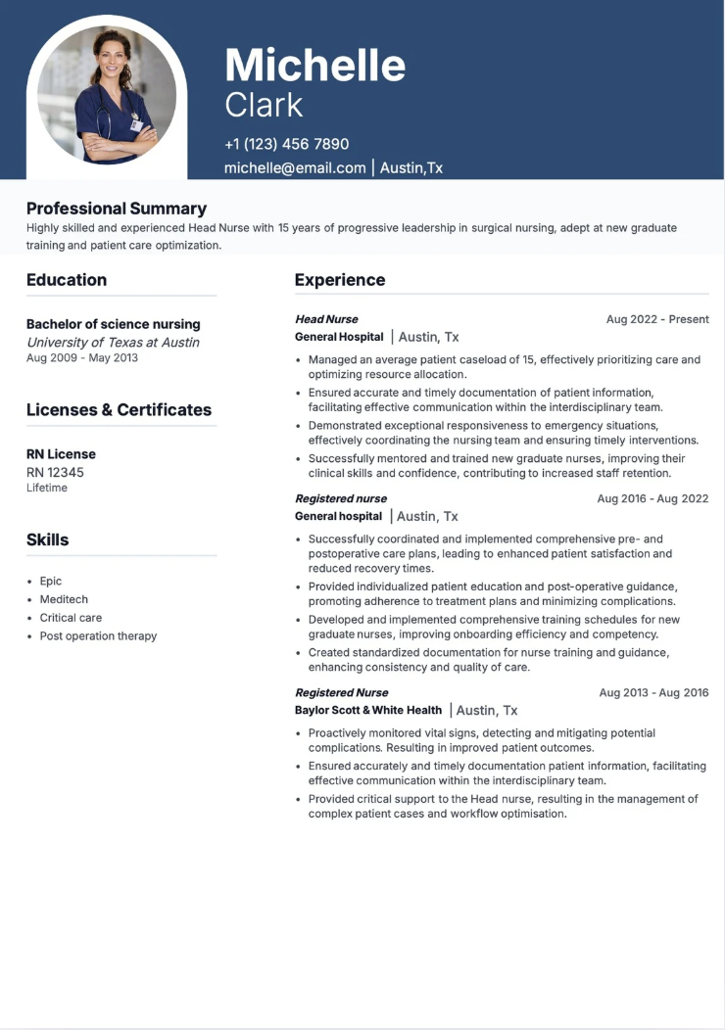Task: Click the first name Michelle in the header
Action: coord(314,66)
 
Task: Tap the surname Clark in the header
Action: coord(264,105)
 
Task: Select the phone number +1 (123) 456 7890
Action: coord(286,144)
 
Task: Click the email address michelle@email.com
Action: coord(295,167)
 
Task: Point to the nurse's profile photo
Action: coord(107,95)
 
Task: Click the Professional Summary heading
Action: coord(117,209)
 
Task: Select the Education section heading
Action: coord(67,280)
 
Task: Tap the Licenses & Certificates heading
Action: coord(119,410)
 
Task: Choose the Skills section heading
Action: coord(48,539)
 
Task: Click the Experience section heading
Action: coord(340,280)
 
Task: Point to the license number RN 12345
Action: coord(55,472)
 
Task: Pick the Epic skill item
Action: coord(51,581)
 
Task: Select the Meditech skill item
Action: coord(64,599)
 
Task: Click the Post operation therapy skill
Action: coord(98,635)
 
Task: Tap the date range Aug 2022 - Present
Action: coord(657,319)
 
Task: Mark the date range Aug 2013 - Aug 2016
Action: coord(653,692)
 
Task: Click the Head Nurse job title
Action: coord(326,319)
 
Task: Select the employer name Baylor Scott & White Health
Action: coord(368,710)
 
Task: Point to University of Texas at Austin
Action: coord(113,342)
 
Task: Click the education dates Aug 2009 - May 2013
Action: coord(82,358)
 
